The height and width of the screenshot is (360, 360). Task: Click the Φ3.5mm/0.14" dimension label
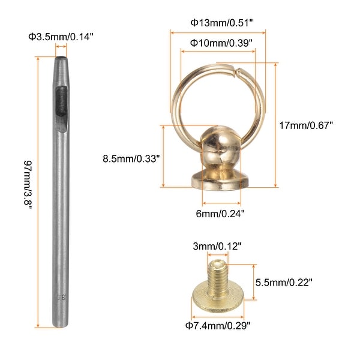coord(61,37)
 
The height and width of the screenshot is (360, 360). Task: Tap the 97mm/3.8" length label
coord(28,185)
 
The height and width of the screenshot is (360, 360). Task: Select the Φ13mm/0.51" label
coord(222,23)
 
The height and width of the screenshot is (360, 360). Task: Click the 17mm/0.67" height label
coord(306,125)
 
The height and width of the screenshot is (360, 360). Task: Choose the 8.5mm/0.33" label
coord(131,158)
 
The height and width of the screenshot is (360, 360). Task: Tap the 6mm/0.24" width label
coord(220,214)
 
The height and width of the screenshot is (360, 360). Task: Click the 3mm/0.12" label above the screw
coord(217,247)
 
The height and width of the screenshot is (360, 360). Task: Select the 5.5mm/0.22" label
coord(284,283)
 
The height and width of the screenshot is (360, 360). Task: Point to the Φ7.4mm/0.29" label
coord(218,326)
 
